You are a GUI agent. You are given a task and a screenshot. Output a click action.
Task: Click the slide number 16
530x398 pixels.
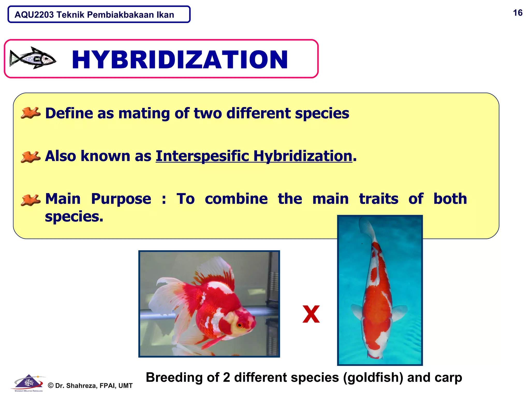[x=518, y=13]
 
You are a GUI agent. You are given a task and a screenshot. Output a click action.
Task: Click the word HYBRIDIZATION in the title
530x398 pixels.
[x=180, y=60]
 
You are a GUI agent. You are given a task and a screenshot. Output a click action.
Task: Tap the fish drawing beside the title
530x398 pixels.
[x=33, y=58]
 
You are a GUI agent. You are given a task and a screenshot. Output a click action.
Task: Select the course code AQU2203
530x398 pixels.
[x=34, y=15]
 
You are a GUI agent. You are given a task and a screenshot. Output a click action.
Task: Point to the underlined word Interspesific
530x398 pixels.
[x=202, y=156]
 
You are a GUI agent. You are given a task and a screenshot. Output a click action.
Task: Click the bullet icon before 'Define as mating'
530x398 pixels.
[x=31, y=113]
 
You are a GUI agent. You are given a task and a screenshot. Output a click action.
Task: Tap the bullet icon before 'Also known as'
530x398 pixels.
[x=31, y=157]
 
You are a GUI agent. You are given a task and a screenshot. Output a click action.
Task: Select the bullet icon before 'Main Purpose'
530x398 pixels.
[x=31, y=200]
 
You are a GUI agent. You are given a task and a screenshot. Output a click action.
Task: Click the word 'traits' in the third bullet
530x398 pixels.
[x=379, y=199]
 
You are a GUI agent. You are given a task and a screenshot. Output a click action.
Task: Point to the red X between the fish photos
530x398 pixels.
[x=311, y=314]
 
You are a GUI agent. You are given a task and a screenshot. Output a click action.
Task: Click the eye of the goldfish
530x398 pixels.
[x=240, y=325]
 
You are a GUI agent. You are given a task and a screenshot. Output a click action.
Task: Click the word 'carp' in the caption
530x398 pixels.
[x=448, y=378]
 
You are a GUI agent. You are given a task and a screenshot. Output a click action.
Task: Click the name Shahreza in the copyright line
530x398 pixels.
[x=81, y=386]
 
